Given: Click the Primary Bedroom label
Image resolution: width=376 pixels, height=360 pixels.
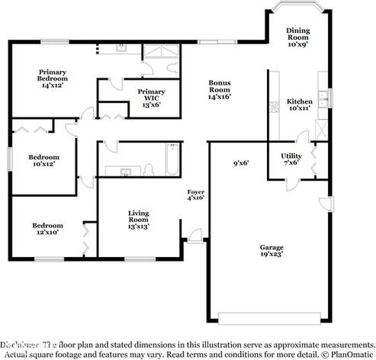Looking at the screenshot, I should point(53,79).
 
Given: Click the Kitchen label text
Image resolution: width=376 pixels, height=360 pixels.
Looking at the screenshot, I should point(299,106).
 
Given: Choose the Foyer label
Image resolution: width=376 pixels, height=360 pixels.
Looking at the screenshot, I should point(196,194).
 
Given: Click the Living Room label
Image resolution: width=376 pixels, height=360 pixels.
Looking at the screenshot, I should point(139,220).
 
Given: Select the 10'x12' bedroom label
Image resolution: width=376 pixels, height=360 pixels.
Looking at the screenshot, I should point(43,161).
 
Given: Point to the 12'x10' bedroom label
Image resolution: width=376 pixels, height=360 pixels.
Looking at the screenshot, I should point(47,229).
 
